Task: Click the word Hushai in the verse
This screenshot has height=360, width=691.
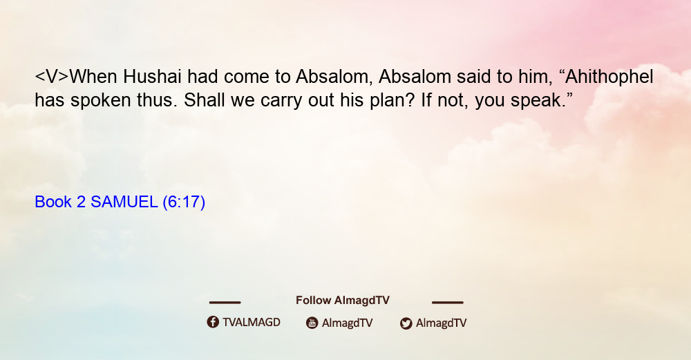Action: point(152,76)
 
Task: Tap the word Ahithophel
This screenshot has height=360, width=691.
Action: point(609,77)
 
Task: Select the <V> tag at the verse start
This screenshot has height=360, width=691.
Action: point(52,77)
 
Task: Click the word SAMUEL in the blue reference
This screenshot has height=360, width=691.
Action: point(124,202)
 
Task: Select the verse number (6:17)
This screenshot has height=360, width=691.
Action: point(184,202)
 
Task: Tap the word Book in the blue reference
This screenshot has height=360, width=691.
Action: point(53,202)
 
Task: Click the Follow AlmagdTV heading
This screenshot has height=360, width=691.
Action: point(343,301)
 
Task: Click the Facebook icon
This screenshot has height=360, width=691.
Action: point(213,322)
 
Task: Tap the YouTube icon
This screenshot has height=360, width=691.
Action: point(312,323)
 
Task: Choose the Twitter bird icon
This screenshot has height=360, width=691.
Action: point(406,323)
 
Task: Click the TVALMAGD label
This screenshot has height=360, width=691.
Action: point(252,322)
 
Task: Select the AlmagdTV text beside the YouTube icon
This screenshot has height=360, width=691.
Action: point(348,323)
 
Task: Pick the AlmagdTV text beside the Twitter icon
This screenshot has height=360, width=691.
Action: point(441,323)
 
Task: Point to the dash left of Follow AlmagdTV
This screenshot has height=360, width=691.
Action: point(225,302)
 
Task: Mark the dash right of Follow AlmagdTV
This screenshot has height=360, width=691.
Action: point(448,302)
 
